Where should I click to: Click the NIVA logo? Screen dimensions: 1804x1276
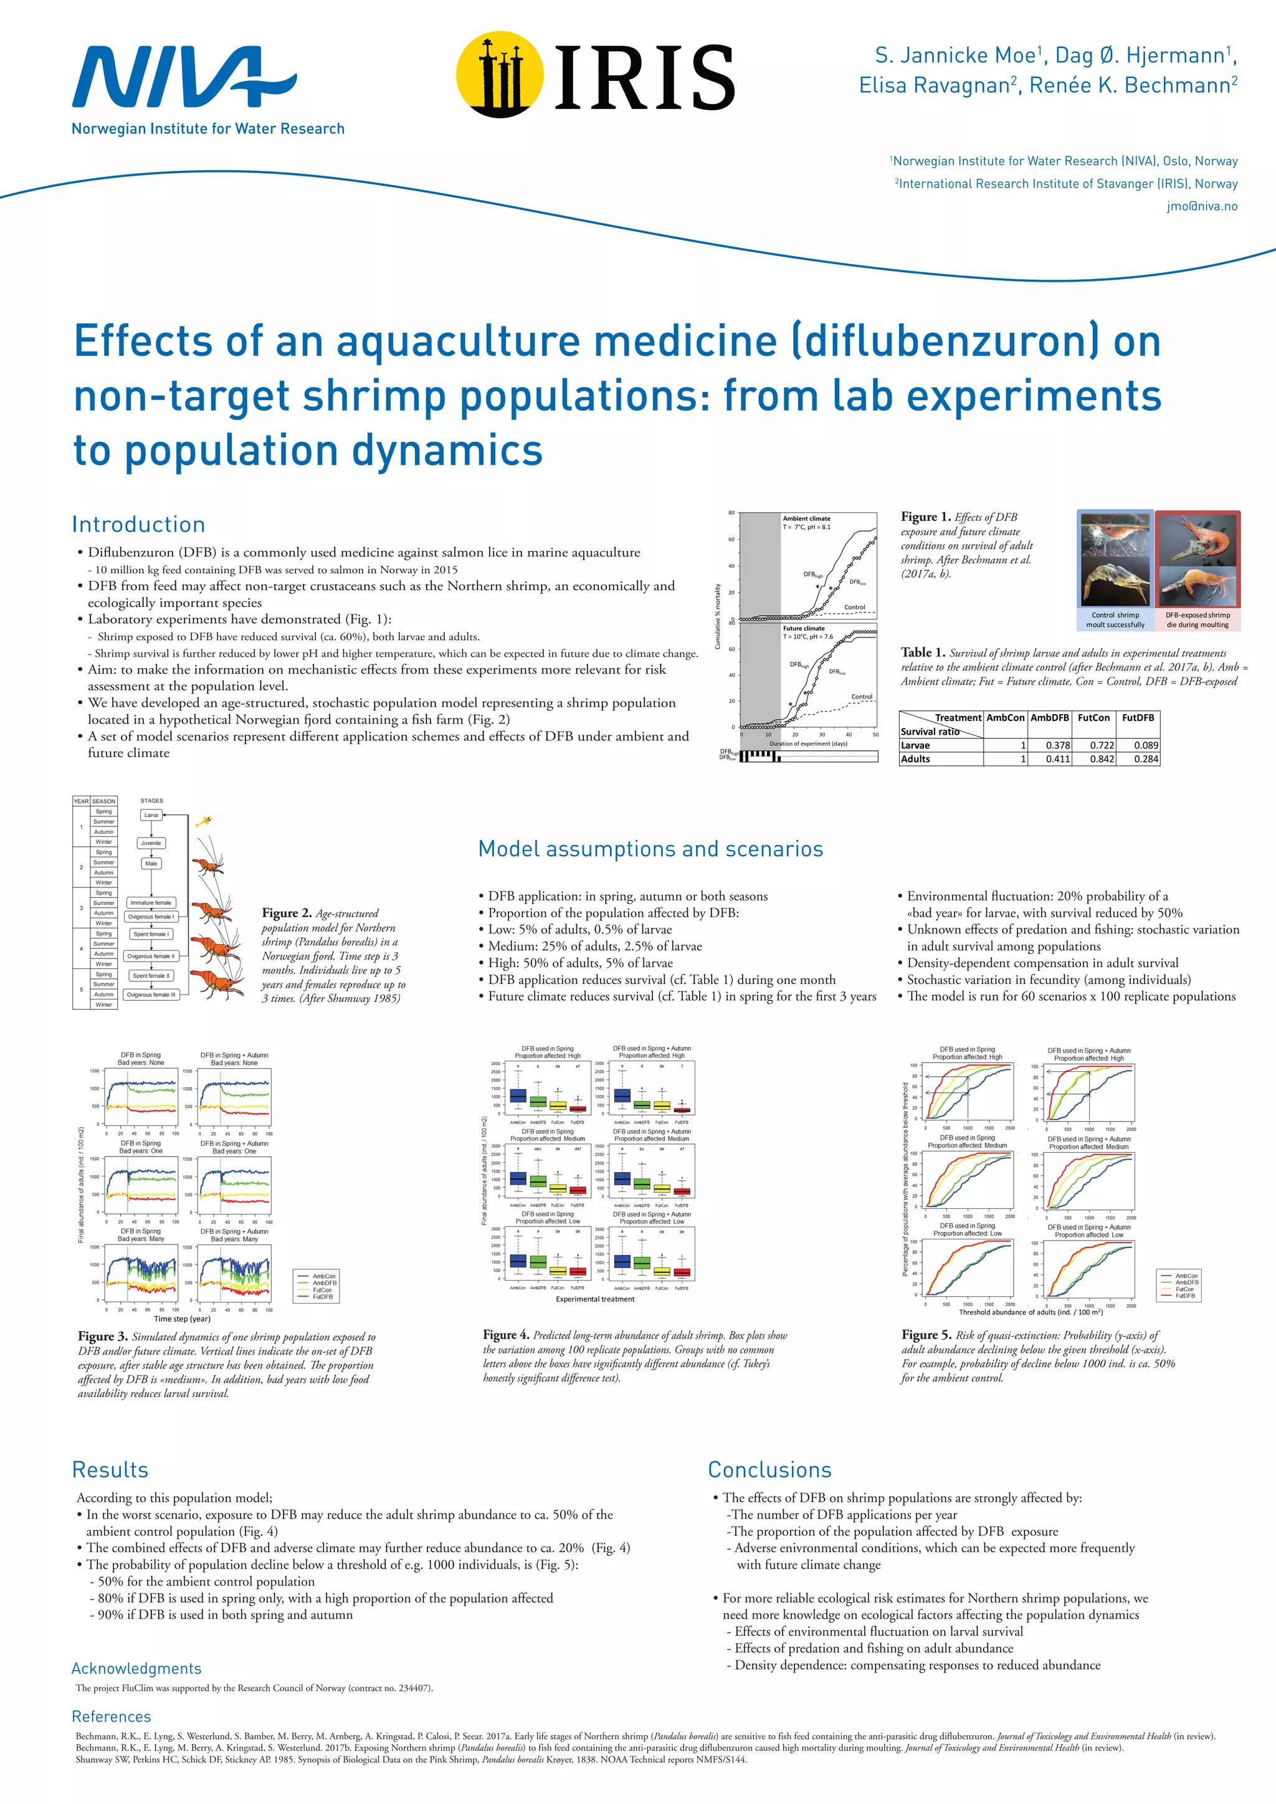click(x=184, y=77)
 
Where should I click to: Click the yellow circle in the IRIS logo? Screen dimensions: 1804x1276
click(x=500, y=75)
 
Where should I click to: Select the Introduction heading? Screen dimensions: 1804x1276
click(x=138, y=524)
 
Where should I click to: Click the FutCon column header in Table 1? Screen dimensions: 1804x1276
click(x=1093, y=717)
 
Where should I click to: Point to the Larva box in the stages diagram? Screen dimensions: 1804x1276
click(x=151, y=815)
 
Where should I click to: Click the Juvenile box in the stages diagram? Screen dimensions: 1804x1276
click(x=151, y=843)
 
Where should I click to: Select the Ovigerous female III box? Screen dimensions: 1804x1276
click(x=151, y=995)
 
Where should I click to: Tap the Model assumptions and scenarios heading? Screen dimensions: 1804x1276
click(x=650, y=849)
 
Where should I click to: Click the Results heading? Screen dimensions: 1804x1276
click(x=110, y=1470)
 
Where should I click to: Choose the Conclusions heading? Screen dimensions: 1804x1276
click(x=769, y=1470)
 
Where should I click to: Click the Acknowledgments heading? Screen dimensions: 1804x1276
click(x=136, y=1668)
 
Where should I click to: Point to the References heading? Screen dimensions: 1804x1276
click(x=112, y=1717)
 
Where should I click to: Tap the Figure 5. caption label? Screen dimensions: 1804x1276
click(x=926, y=1335)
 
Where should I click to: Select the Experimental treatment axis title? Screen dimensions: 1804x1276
click(x=595, y=1299)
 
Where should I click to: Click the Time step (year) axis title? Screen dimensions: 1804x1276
click(x=183, y=1319)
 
